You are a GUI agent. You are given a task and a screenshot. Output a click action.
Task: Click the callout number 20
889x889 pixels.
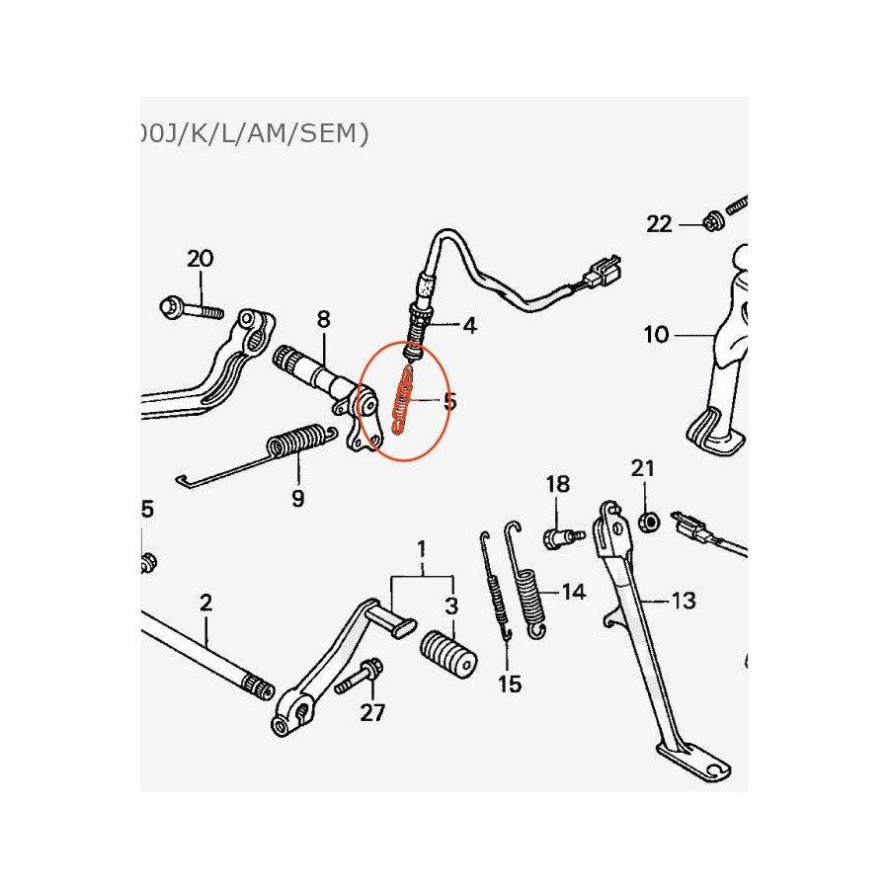[x=200, y=259]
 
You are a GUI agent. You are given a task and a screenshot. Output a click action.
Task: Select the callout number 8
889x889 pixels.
[x=323, y=319]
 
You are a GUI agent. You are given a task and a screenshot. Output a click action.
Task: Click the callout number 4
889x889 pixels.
[x=469, y=325]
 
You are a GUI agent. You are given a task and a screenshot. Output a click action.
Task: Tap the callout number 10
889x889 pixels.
[x=656, y=335]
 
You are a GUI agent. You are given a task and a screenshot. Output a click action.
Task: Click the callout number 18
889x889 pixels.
[x=558, y=484]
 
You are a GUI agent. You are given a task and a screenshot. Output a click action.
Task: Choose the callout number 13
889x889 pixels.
[x=683, y=600]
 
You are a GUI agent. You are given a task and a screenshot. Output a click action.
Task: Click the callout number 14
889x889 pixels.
[x=573, y=592]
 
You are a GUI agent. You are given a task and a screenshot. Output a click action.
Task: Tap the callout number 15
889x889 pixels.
[x=510, y=683]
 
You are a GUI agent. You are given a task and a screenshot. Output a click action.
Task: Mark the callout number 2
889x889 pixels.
[x=205, y=602]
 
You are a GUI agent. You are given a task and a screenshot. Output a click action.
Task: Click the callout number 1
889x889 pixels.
[x=422, y=548]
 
